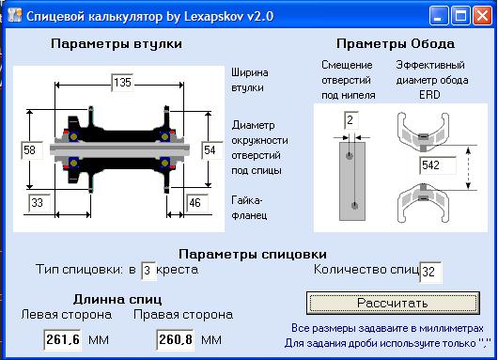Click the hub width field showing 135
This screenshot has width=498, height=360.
click(x=122, y=83)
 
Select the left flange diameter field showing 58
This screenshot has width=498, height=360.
click(x=30, y=149)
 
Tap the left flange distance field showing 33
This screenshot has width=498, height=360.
click(x=40, y=202)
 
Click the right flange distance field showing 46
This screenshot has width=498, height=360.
click(x=195, y=202)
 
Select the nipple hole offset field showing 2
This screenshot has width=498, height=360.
click(x=350, y=119)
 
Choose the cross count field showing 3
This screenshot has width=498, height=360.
click(x=147, y=272)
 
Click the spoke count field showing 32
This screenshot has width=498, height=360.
click(x=430, y=272)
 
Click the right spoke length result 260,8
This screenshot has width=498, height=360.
click(x=176, y=338)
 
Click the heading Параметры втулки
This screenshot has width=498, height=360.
click(x=117, y=43)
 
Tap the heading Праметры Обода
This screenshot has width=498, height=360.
click(x=396, y=43)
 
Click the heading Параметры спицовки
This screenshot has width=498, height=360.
click(x=252, y=254)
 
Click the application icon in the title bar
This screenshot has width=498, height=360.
click(x=13, y=16)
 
